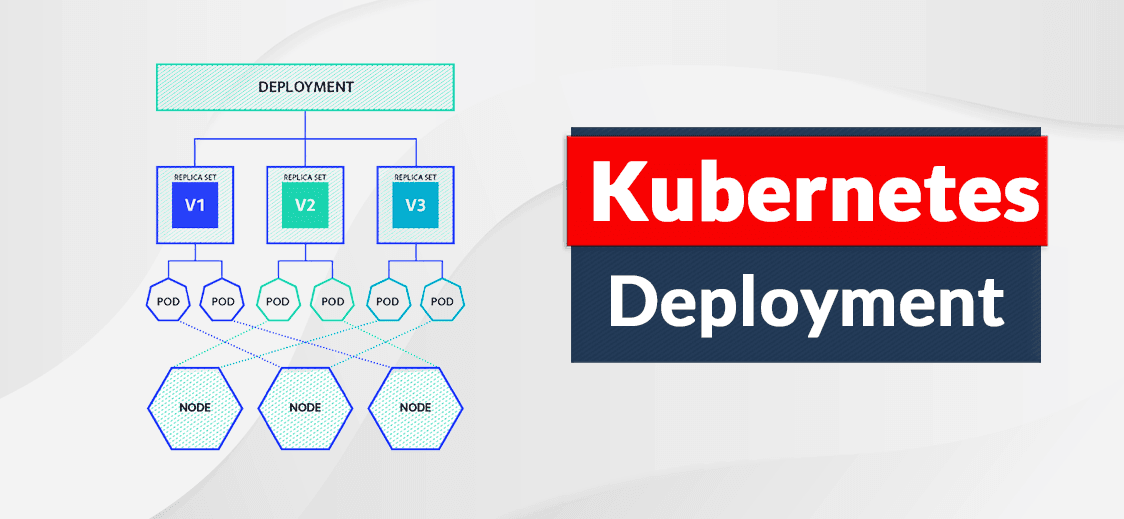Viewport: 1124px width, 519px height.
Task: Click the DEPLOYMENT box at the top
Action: [x=305, y=87]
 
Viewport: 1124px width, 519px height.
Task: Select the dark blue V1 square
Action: [x=195, y=206]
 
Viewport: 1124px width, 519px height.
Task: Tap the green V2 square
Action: [x=305, y=206]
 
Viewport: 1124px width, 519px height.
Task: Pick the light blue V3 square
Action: [x=415, y=206]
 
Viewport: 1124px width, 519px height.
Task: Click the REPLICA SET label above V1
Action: [x=195, y=176]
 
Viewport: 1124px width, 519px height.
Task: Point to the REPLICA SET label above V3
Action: [x=415, y=176]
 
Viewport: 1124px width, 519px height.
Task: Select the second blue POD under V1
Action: [x=223, y=301]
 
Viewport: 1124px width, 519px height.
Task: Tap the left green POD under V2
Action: [x=278, y=301]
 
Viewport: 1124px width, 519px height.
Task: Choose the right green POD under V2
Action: [x=333, y=301]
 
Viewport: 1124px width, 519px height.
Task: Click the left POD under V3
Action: [x=388, y=301]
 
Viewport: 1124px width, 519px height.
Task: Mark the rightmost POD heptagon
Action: [x=443, y=301]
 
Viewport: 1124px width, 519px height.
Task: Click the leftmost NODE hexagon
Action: [x=195, y=408]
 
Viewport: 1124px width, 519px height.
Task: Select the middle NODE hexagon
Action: [x=305, y=408]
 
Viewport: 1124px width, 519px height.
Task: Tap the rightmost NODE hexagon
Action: [x=415, y=408]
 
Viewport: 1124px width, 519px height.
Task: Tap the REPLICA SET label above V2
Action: [x=305, y=176]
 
